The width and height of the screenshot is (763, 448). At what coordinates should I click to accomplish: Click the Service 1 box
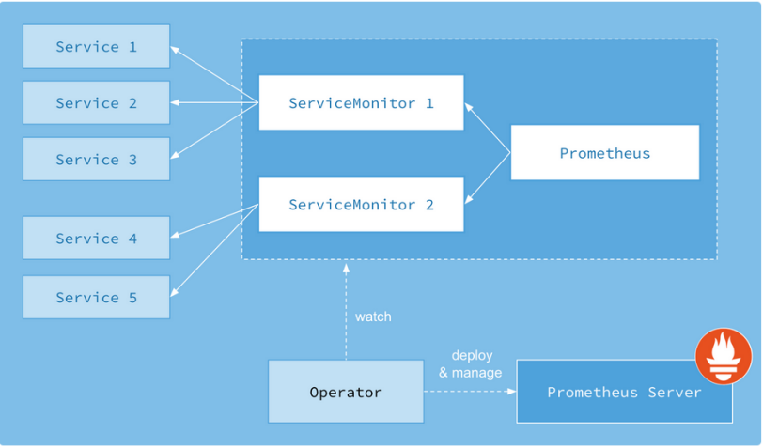pyautogui.click(x=97, y=46)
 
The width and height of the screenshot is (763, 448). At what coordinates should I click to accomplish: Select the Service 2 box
pyautogui.click(x=97, y=102)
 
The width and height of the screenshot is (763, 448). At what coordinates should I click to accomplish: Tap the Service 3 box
pyautogui.click(x=97, y=159)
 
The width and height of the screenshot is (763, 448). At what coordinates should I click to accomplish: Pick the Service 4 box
pyautogui.click(x=97, y=238)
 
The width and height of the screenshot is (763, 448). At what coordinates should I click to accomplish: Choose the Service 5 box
pyautogui.click(x=97, y=297)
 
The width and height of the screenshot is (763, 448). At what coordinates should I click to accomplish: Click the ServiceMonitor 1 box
pyautogui.click(x=361, y=102)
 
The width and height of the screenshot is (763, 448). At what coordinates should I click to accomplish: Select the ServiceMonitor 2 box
pyautogui.click(x=361, y=205)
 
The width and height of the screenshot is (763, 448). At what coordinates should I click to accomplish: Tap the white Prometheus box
pyautogui.click(x=605, y=153)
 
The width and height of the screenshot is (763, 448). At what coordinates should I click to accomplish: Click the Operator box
pyautogui.click(x=346, y=392)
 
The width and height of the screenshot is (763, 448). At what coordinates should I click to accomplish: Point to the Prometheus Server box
pyautogui.click(x=624, y=392)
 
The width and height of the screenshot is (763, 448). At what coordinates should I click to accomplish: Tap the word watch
pyautogui.click(x=373, y=317)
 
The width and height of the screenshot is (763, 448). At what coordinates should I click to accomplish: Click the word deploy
pyautogui.click(x=472, y=356)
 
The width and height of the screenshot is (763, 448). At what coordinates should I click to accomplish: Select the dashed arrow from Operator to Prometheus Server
pyautogui.click(x=470, y=391)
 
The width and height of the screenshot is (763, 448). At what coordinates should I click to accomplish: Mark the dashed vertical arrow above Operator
pyautogui.click(x=346, y=312)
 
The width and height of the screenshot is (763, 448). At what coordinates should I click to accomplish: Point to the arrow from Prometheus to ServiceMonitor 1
pyautogui.click(x=488, y=128)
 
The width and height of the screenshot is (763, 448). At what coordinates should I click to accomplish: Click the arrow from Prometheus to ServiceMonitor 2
pyautogui.click(x=488, y=178)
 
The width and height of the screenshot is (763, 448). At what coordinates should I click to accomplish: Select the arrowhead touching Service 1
pyautogui.click(x=175, y=49)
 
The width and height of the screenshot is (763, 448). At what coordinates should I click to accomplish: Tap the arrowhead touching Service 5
pyautogui.click(x=175, y=292)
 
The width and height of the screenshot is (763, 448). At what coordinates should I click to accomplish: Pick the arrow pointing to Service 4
pyautogui.click(x=214, y=221)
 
